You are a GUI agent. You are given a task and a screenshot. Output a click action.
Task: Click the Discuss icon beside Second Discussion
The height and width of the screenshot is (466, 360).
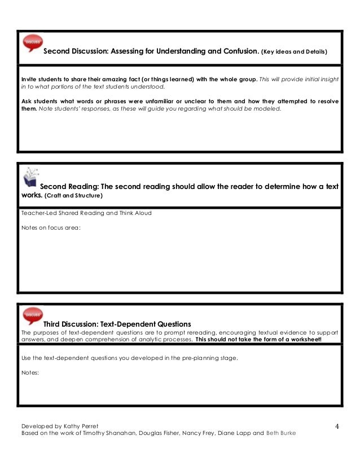point(32,43)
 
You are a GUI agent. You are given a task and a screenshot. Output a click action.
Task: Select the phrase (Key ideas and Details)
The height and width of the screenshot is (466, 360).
point(294,52)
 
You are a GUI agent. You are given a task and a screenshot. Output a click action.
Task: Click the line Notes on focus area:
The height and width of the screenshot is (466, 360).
point(51,227)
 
